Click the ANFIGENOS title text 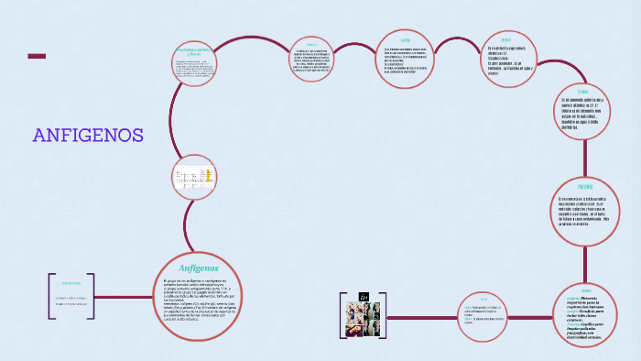pyautogui.click(x=88, y=136)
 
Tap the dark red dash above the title pyautogui.click(x=37, y=57)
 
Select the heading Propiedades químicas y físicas pyautogui.click(x=194, y=52)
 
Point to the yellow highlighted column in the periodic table pyautogui.click(x=210, y=174)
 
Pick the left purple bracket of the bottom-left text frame pyautogui.click(x=51, y=296)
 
